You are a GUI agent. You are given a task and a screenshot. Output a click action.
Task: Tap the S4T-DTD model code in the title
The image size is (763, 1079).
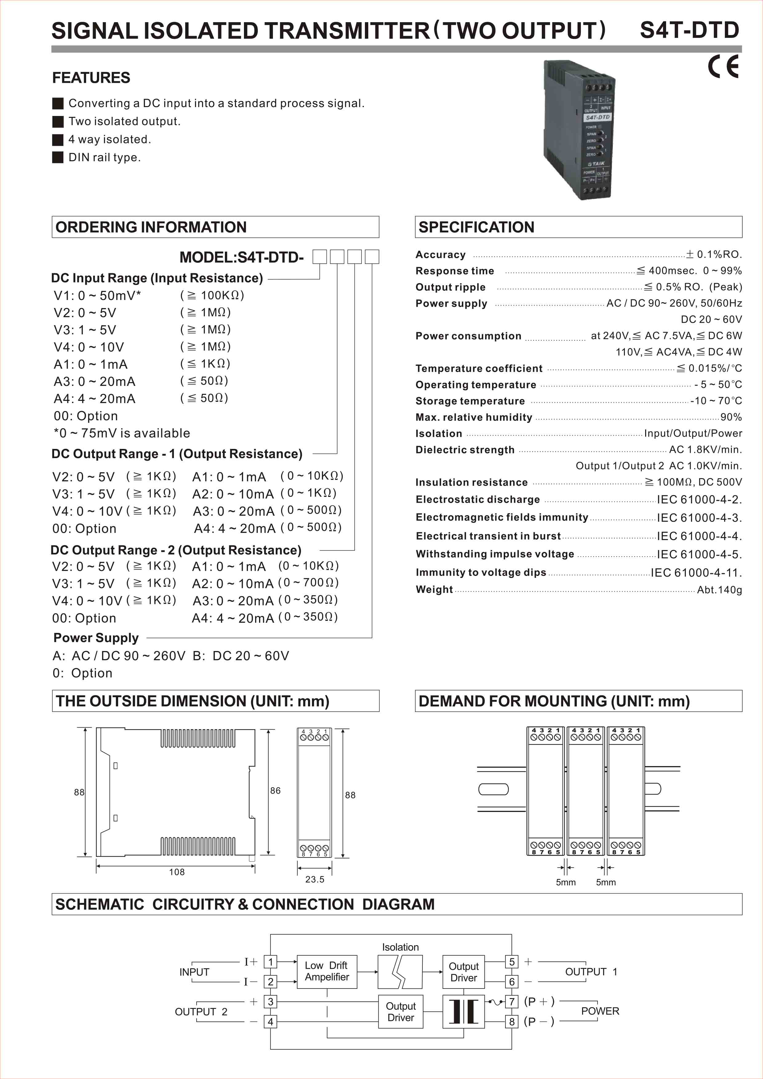tap(689, 30)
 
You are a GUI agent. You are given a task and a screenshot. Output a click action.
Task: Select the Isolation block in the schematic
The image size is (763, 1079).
tap(400, 972)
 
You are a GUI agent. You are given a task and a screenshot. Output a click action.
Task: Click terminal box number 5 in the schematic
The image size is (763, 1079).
tap(512, 961)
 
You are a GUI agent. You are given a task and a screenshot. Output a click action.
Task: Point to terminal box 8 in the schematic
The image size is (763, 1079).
tap(512, 1022)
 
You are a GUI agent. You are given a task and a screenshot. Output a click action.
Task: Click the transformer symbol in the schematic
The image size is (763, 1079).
tap(463, 1011)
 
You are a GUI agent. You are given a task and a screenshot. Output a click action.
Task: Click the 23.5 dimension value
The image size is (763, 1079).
tap(314, 879)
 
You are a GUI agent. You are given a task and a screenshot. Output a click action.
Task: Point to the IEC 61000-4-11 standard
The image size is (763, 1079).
tap(696, 572)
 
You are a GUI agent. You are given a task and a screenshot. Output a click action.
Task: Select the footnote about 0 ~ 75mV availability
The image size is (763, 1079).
tap(122, 433)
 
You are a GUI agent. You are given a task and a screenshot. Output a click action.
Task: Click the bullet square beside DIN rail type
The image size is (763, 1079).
tap(58, 158)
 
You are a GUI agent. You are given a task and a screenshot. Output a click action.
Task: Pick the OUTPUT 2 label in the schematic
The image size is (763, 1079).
tap(201, 1012)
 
